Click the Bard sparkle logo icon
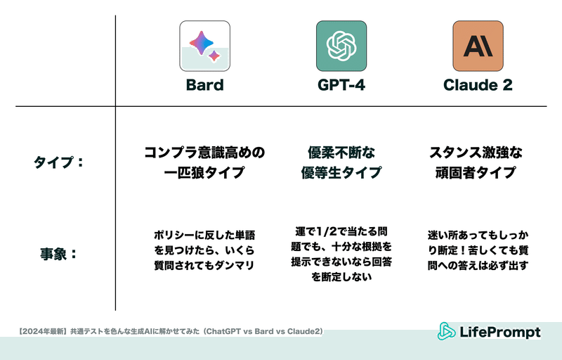204,46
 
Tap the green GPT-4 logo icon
341,46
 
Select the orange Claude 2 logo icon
478,46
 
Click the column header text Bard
204,85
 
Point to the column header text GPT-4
341,85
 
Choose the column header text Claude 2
478,85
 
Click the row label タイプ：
59,162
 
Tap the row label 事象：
59,254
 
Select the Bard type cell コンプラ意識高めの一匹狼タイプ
204,162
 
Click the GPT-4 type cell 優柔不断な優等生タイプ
341,162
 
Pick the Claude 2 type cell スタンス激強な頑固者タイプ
476,162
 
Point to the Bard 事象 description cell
204,250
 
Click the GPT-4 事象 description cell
341,254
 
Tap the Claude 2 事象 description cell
478,250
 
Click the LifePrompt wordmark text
500,332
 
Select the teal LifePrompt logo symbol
446,331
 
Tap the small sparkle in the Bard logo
214,56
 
